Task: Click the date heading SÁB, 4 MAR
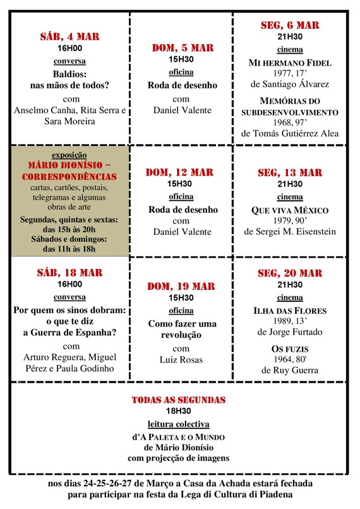pos(69,37)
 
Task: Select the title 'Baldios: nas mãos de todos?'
pos(69,79)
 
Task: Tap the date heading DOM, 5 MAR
pos(182,48)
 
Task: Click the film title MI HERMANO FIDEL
pos(290,64)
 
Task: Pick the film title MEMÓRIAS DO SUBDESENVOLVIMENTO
pos(290,107)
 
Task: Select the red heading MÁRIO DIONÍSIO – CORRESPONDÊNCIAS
pos(69,171)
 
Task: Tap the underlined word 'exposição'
pos(69,154)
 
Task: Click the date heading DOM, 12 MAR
pos(182,172)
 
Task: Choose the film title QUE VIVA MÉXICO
pos(290,210)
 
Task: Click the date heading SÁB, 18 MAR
pos(69,273)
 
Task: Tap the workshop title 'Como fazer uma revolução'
pos(182,329)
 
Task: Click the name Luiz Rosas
pos(182,359)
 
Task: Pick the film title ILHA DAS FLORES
pos(290,311)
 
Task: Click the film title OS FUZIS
pos(290,349)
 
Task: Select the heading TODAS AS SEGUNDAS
pos(179,400)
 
